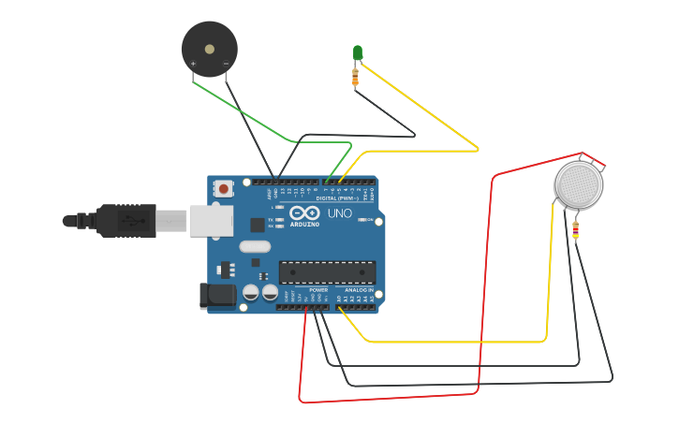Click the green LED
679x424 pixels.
click(358, 52)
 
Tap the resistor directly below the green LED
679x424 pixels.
click(355, 76)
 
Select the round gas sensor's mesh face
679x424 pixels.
click(580, 184)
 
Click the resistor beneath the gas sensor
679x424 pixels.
click(575, 228)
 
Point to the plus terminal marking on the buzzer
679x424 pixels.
click(194, 64)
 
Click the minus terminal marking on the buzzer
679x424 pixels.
click(226, 64)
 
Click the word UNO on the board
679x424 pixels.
click(339, 213)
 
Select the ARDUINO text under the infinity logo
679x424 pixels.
click(304, 225)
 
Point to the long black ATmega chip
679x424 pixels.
click(327, 272)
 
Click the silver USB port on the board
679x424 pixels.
click(211, 221)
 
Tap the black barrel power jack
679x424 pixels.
click(217, 297)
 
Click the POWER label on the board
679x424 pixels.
click(318, 290)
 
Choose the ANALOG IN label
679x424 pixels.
click(359, 290)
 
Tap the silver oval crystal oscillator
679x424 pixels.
click(254, 247)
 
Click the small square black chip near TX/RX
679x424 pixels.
click(258, 225)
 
